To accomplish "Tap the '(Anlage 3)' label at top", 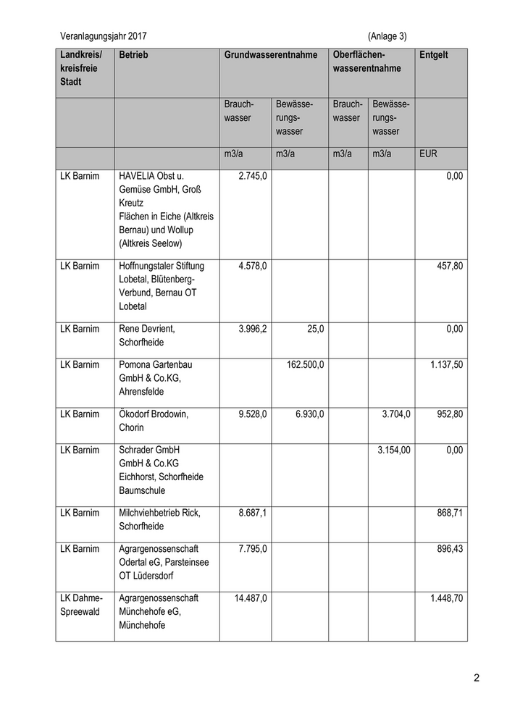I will (387, 35).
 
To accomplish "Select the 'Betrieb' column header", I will (133, 55).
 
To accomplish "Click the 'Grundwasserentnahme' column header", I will (271, 55).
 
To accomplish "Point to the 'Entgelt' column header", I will (434, 55).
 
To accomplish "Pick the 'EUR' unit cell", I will (428, 154).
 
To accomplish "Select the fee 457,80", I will (448, 266).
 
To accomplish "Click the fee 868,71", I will (448, 513).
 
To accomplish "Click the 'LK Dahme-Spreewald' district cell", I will (82, 605).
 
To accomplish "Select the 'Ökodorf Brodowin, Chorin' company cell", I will (154, 421).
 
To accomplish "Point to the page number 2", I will (477, 679).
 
